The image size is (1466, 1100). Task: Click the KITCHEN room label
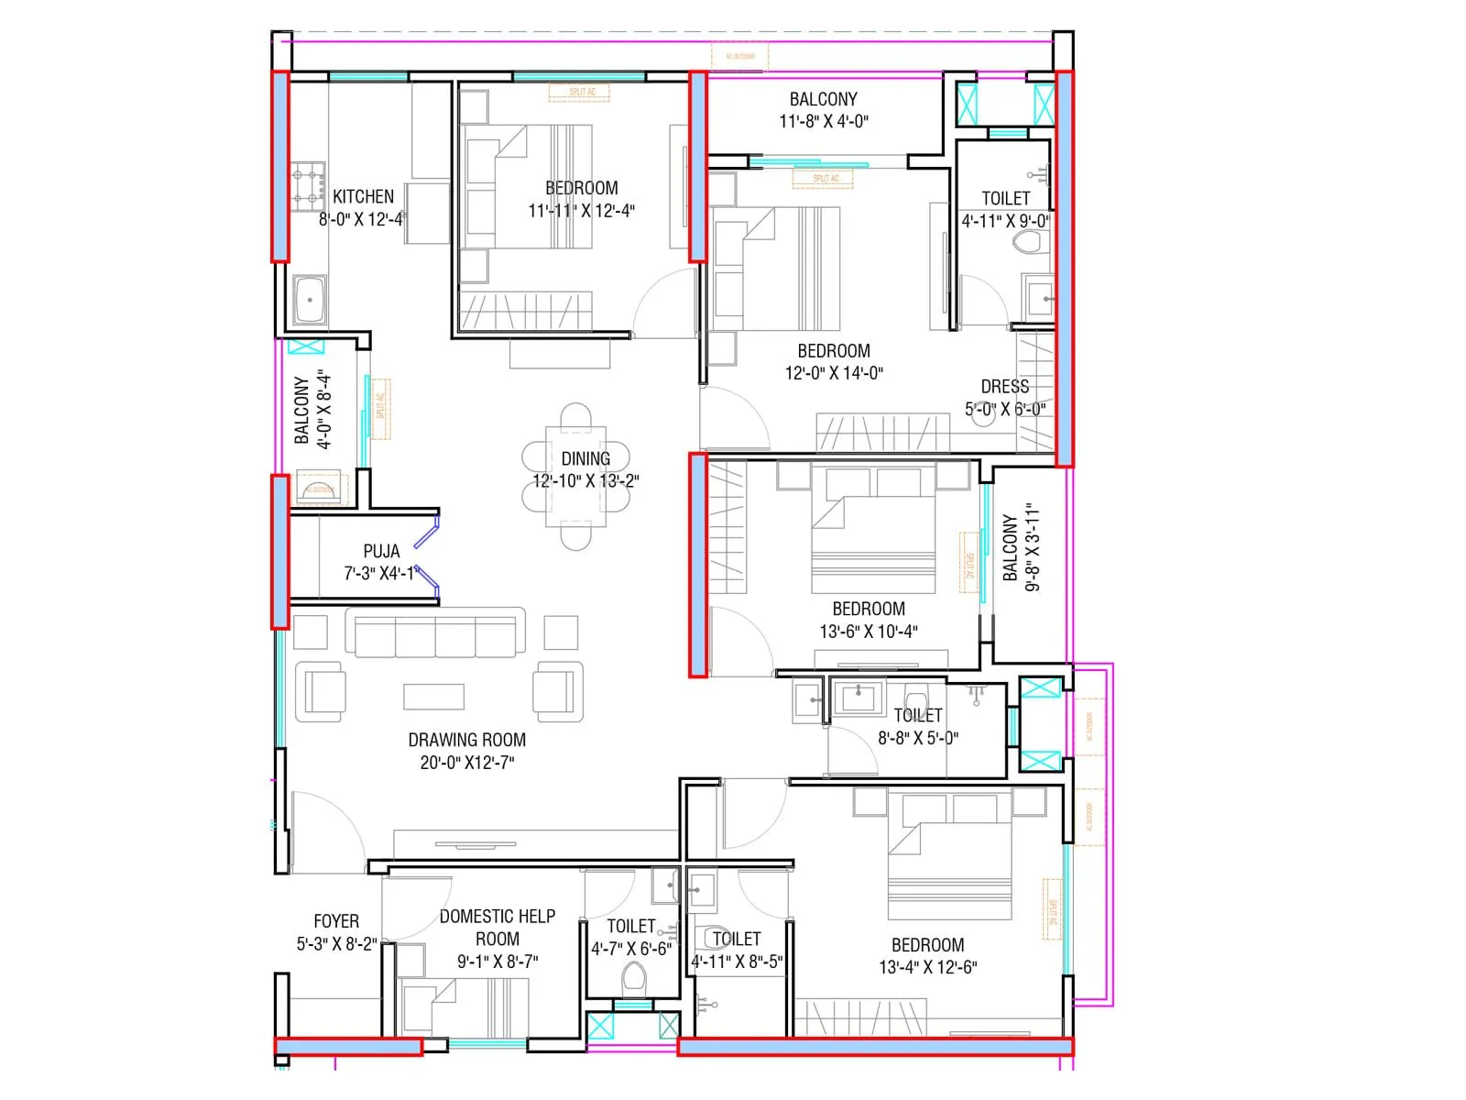point(363,196)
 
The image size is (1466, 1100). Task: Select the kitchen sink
point(310,302)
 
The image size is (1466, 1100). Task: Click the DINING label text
point(585,458)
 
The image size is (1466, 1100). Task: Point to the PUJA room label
point(381,551)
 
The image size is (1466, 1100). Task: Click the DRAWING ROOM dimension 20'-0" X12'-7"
point(467,763)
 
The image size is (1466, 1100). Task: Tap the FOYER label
point(336,921)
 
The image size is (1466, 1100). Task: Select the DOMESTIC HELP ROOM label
point(498,927)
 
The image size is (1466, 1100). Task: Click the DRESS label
point(1004,387)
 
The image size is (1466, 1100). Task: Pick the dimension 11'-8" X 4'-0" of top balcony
point(824,121)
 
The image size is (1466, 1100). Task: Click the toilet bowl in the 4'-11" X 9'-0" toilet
point(1030,243)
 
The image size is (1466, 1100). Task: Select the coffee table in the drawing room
point(433,697)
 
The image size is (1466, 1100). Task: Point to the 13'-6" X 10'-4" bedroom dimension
point(869,632)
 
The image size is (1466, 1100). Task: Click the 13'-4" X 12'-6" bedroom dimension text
point(928,967)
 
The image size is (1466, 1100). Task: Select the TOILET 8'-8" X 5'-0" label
point(918,715)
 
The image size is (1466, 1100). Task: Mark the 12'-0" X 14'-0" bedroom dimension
point(834,373)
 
